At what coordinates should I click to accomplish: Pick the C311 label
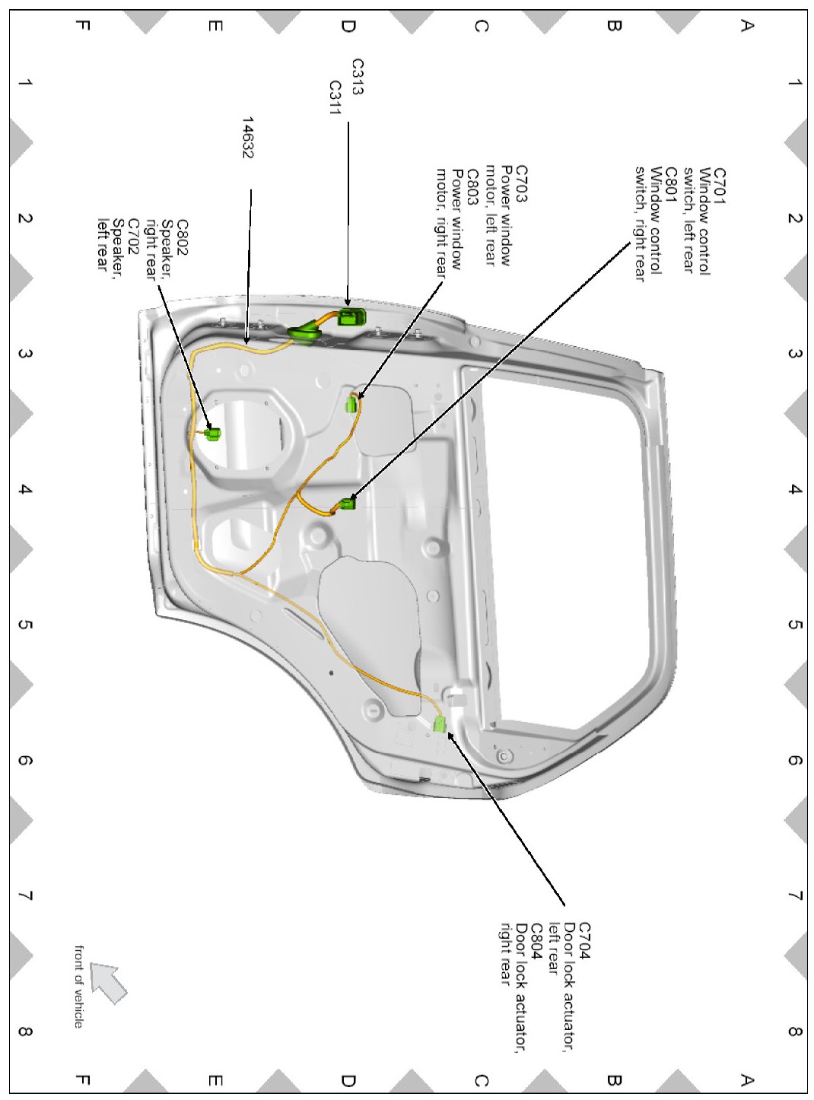335,97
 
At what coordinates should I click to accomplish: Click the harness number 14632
247,137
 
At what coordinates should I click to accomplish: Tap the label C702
133,237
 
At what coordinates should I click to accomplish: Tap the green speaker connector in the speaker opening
213,434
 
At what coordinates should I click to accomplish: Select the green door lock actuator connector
439,723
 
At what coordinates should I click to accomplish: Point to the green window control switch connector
348,503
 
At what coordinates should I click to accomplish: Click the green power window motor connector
351,404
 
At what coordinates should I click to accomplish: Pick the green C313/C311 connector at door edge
351,317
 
